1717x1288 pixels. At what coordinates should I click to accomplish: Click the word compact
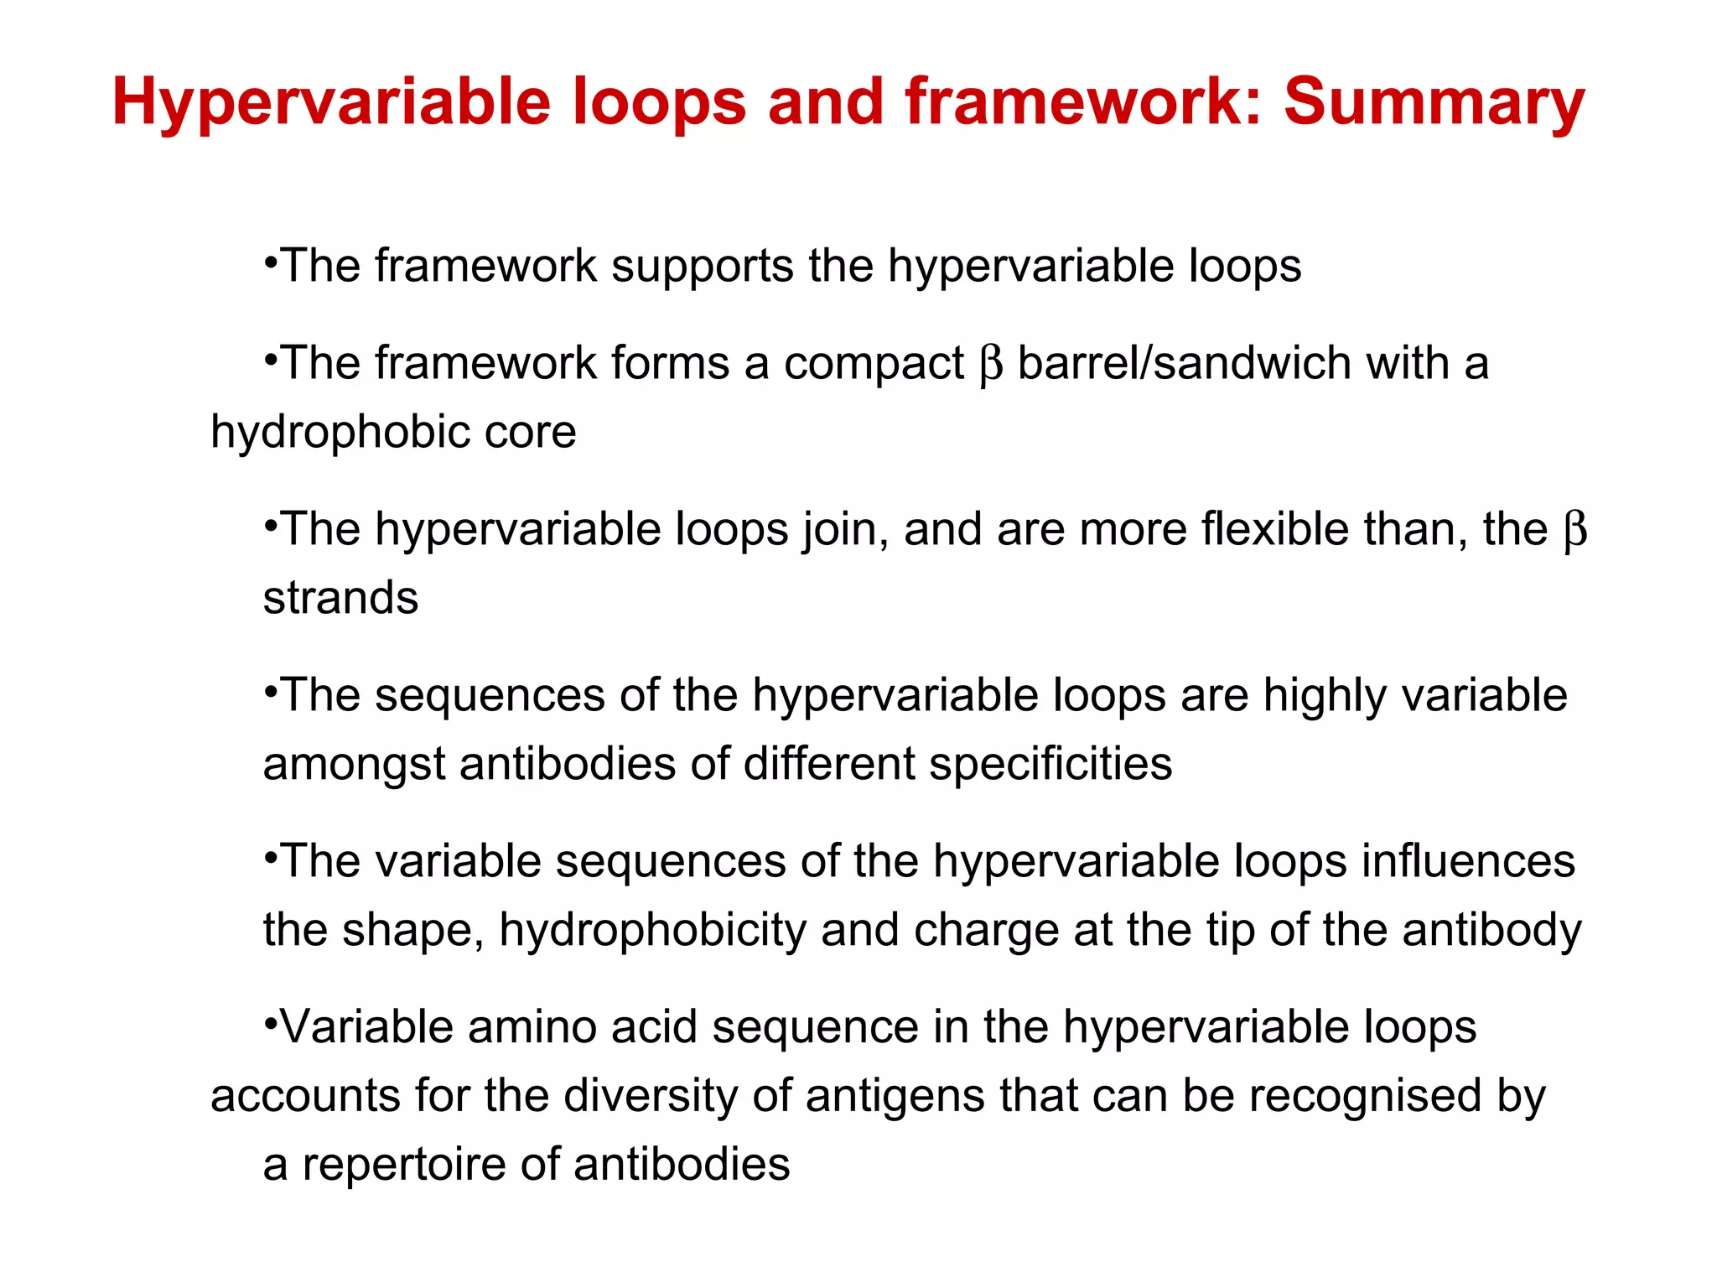874,364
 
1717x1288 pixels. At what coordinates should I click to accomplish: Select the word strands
340,598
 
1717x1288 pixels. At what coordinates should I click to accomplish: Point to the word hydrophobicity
652,930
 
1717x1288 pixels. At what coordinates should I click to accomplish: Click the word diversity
672,1096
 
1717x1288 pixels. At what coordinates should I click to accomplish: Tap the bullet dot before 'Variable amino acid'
270,1021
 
